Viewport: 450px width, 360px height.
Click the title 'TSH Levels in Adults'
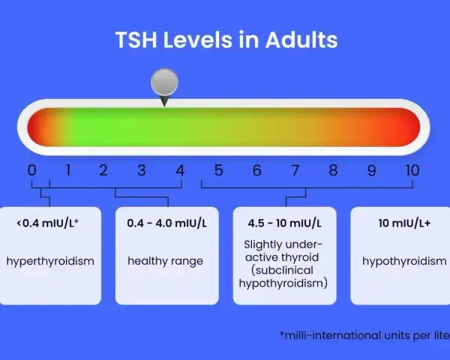(226, 40)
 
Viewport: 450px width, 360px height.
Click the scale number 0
(31, 170)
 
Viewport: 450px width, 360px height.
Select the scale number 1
(68, 170)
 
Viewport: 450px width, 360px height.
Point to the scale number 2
(103, 170)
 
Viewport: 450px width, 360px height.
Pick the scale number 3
(142, 170)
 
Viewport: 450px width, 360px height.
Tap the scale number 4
(180, 170)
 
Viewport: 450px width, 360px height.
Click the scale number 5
(219, 170)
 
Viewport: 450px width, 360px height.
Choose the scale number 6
(256, 170)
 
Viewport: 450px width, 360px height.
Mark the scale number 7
(295, 170)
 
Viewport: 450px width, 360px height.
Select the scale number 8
(333, 170)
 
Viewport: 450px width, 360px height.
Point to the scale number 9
(371, 170)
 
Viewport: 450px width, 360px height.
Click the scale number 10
(412, 170)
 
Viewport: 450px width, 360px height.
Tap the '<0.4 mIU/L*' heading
(48, 223)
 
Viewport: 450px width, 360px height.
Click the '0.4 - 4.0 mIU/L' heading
(166, 223)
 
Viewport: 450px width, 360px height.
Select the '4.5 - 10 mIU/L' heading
(284, 223)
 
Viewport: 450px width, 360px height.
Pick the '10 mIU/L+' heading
(404, 223)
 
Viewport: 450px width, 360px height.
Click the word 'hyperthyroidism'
(50, 262)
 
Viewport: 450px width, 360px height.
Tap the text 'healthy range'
(165, 262)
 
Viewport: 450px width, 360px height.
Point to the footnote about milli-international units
(364, 335)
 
